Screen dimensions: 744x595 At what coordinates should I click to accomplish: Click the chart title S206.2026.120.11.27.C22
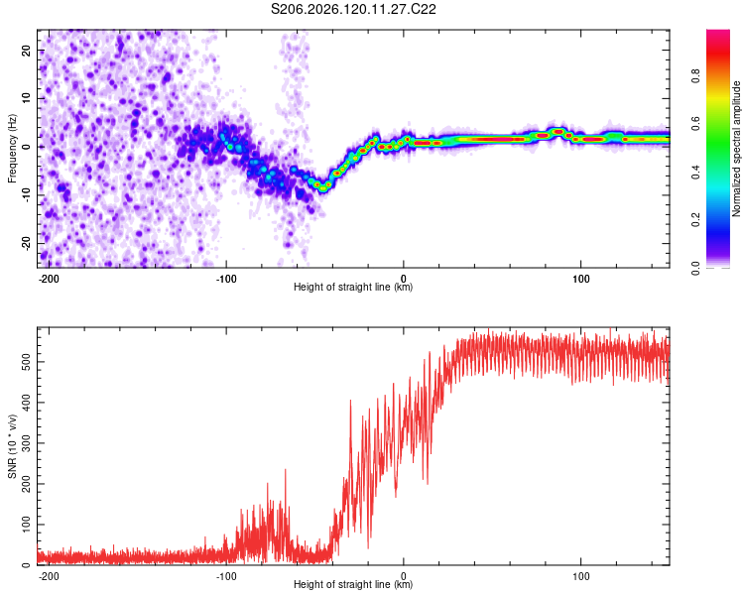click(353, 9)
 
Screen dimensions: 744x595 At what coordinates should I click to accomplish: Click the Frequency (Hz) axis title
click(12, 149)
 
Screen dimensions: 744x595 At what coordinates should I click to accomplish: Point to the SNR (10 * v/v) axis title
click(12, 446)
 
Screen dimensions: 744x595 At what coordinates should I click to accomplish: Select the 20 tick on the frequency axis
click(27, 50)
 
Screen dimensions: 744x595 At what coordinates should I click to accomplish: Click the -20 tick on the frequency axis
click(27, 243)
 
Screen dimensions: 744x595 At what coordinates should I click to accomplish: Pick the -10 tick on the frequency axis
click(27, 195)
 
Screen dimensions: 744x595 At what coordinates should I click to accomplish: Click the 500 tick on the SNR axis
click(27, 362)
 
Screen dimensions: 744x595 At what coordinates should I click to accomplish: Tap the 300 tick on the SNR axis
click(27, 443)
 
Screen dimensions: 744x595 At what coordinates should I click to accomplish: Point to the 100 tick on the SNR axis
click(27, 525)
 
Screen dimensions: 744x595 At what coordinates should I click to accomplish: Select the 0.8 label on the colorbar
click(695, 76)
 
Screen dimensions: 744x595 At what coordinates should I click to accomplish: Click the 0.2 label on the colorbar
click(695, 220)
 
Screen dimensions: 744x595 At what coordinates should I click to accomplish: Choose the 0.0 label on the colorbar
click(695, 268)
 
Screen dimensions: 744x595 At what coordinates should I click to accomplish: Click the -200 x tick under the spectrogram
click(49, 279)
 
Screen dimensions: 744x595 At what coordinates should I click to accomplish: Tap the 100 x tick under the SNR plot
click(580, 576)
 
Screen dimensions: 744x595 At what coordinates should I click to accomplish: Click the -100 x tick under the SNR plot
click(226, 576)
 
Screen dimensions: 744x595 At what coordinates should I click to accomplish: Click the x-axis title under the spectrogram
click(353, 287)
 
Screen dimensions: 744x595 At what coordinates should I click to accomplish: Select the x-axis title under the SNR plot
click(353, 584)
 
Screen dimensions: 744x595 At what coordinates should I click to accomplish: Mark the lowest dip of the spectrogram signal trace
click(323, 188)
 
